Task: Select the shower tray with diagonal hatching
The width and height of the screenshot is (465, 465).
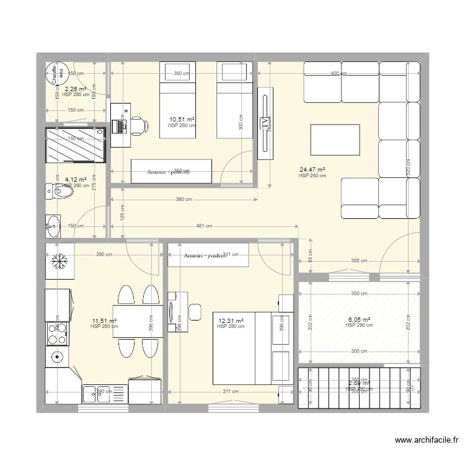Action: point(75,145)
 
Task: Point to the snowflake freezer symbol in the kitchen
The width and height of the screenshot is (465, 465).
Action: point(60,262)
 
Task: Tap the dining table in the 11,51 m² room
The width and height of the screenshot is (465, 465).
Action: point(138,321)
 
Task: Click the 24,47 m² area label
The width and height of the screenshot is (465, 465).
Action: point(312,169)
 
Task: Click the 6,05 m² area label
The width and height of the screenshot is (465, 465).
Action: point(359,319)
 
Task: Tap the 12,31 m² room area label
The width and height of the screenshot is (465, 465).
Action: point(231,321)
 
